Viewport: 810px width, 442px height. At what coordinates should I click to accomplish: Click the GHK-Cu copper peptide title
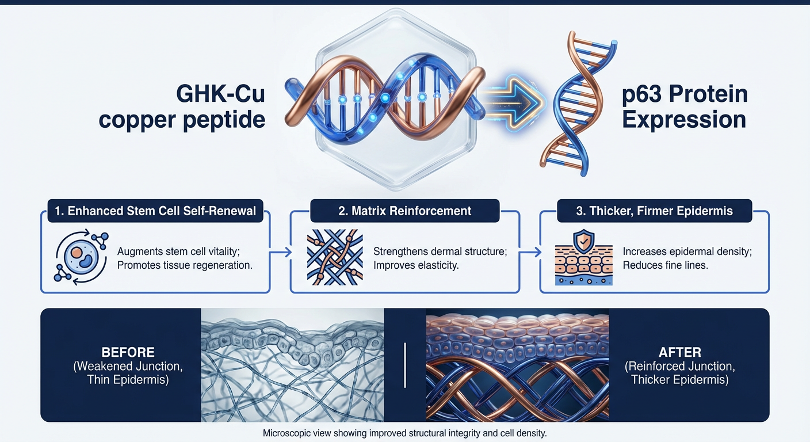pos(182,106)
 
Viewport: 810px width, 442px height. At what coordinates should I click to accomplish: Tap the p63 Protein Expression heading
pos(685,106)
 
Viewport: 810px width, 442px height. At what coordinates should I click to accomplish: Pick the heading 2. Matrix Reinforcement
pos(405,211)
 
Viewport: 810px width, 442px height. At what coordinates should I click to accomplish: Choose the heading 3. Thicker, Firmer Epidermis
pos(655,211)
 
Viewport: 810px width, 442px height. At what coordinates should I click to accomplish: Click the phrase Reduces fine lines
pos(665,266)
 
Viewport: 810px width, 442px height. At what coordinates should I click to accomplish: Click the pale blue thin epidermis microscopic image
pos(292,364)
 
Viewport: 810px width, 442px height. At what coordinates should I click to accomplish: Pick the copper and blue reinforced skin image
pos(517,364)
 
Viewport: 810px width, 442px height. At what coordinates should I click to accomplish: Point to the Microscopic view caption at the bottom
pos(404,433)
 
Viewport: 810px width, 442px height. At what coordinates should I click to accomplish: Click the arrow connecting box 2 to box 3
pos(530,252)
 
